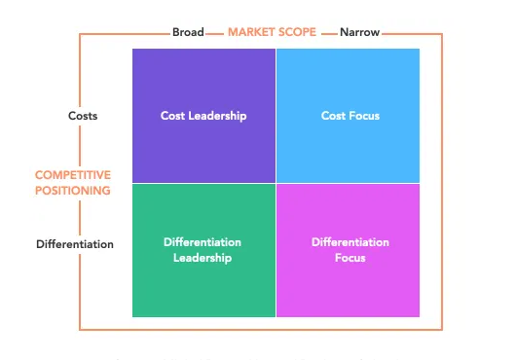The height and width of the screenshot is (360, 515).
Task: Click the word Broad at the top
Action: point(188,32)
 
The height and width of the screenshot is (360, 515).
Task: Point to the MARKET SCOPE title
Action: point(272,32)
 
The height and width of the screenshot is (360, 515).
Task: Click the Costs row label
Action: point(83,116)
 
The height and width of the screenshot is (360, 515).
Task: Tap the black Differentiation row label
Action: point(75,244)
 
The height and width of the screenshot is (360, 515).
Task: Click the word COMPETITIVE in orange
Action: point(72,175)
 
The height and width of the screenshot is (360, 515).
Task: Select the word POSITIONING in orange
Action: point(72,191)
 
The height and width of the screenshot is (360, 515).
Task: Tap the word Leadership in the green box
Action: point(203,258)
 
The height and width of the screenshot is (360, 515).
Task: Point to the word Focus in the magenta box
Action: point(349,258)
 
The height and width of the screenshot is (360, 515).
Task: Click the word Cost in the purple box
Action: point(172,116)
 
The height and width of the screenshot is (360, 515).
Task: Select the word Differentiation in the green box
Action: point(203,242)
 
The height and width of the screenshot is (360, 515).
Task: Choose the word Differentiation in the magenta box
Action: point(349,242)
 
